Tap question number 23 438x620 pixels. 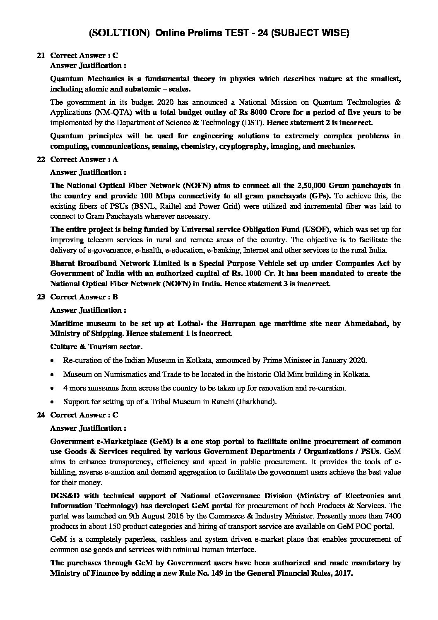pos(40,297)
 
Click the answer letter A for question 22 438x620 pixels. pos(116,159)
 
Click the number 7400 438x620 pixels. pos(392,516)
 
